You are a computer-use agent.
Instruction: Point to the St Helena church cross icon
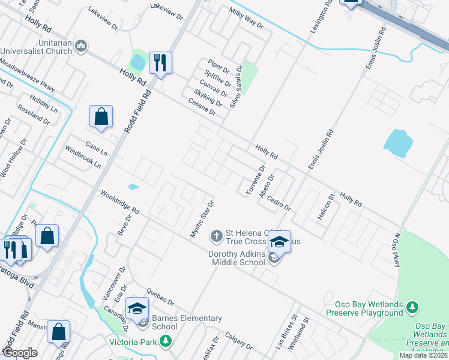pos(217,234)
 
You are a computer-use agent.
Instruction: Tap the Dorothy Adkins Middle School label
pos(237,258)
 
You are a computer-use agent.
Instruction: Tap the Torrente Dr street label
pos(255,181)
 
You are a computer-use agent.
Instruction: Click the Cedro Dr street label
pos(279,203)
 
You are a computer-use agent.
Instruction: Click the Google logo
pos(20,353)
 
